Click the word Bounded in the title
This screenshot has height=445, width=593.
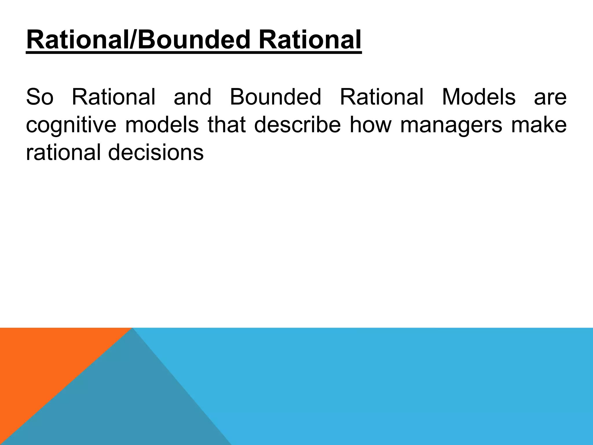193,40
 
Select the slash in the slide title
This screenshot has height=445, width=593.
133,40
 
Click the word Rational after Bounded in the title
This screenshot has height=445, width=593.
310,40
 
